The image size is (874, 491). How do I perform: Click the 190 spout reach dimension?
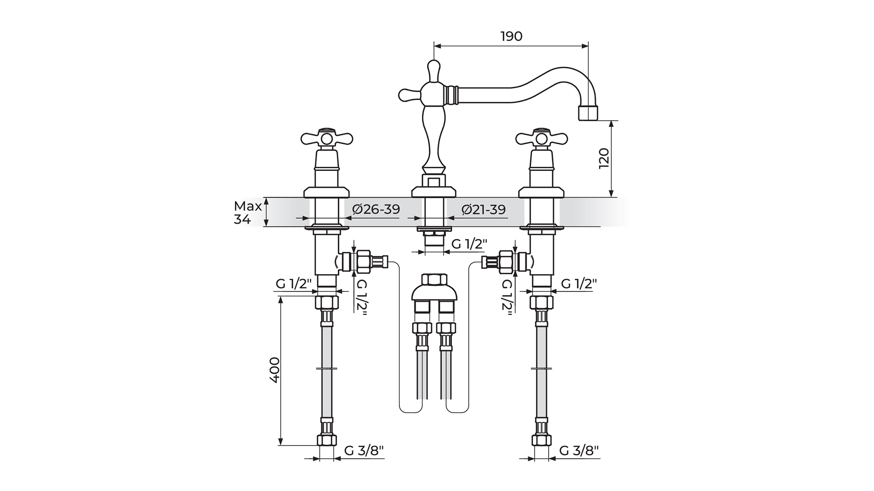tap(512, 36)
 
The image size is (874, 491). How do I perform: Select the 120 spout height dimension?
tap(604, 158)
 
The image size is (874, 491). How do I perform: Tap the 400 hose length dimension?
tap(274, 370)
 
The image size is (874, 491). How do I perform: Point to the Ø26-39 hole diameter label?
tap(376, 209)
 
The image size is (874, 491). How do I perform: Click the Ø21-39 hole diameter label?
tap(483, 210)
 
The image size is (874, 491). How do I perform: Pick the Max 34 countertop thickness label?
tap(248, 212)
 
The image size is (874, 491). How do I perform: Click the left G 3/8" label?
tap(364, 451)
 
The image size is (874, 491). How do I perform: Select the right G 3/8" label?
tap(579, 451)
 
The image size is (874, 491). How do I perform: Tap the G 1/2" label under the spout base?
tap(469, 244)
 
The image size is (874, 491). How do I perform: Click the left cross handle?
tap(327, 138)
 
